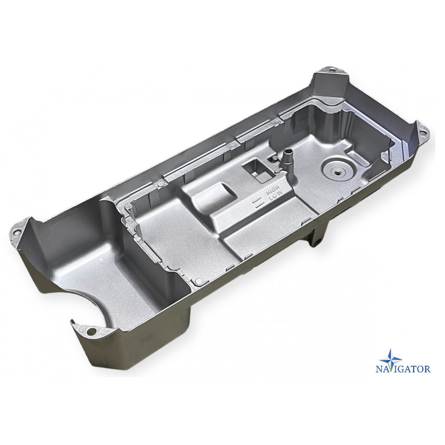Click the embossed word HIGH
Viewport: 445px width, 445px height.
pyautogui.click(x=273, y=190)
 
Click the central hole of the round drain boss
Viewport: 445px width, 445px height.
pyautogui.click(x=337, y=172)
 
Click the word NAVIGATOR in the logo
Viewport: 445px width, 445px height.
pyautogui.click(x=403, y=369)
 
